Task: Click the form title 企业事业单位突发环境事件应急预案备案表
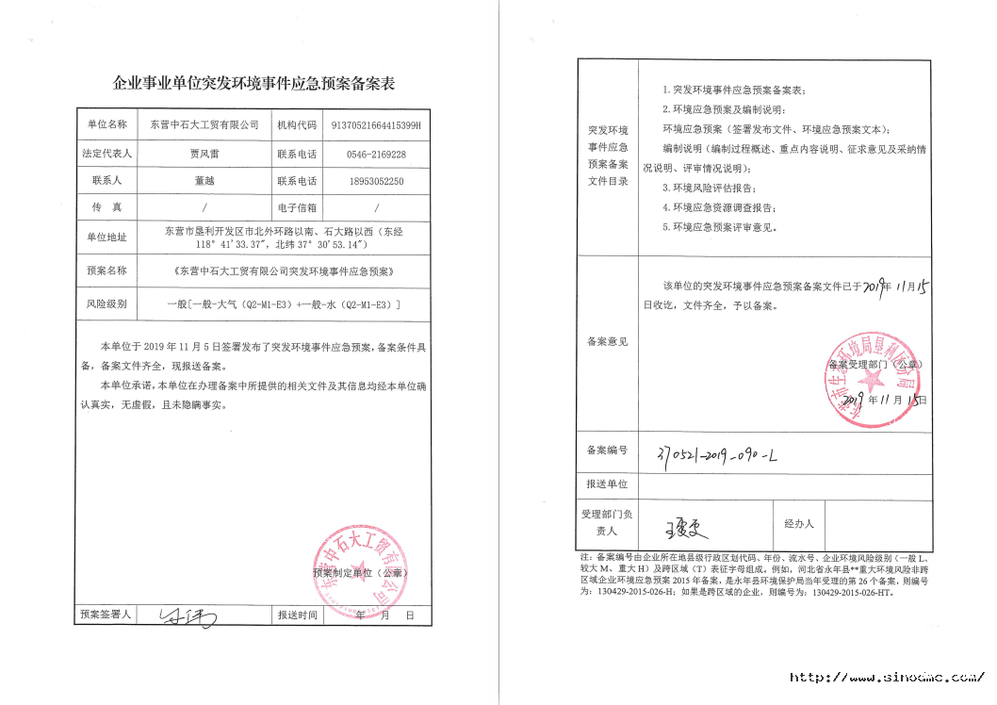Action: [253, 84]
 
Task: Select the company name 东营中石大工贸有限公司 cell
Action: [198, 123]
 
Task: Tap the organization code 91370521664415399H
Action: [377, 123]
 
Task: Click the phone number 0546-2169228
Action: [376, 153]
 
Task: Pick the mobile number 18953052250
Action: [376, 181]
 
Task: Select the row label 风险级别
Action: [106, 303]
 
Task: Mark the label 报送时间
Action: [296, 615]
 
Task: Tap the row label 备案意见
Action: [607, 341]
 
